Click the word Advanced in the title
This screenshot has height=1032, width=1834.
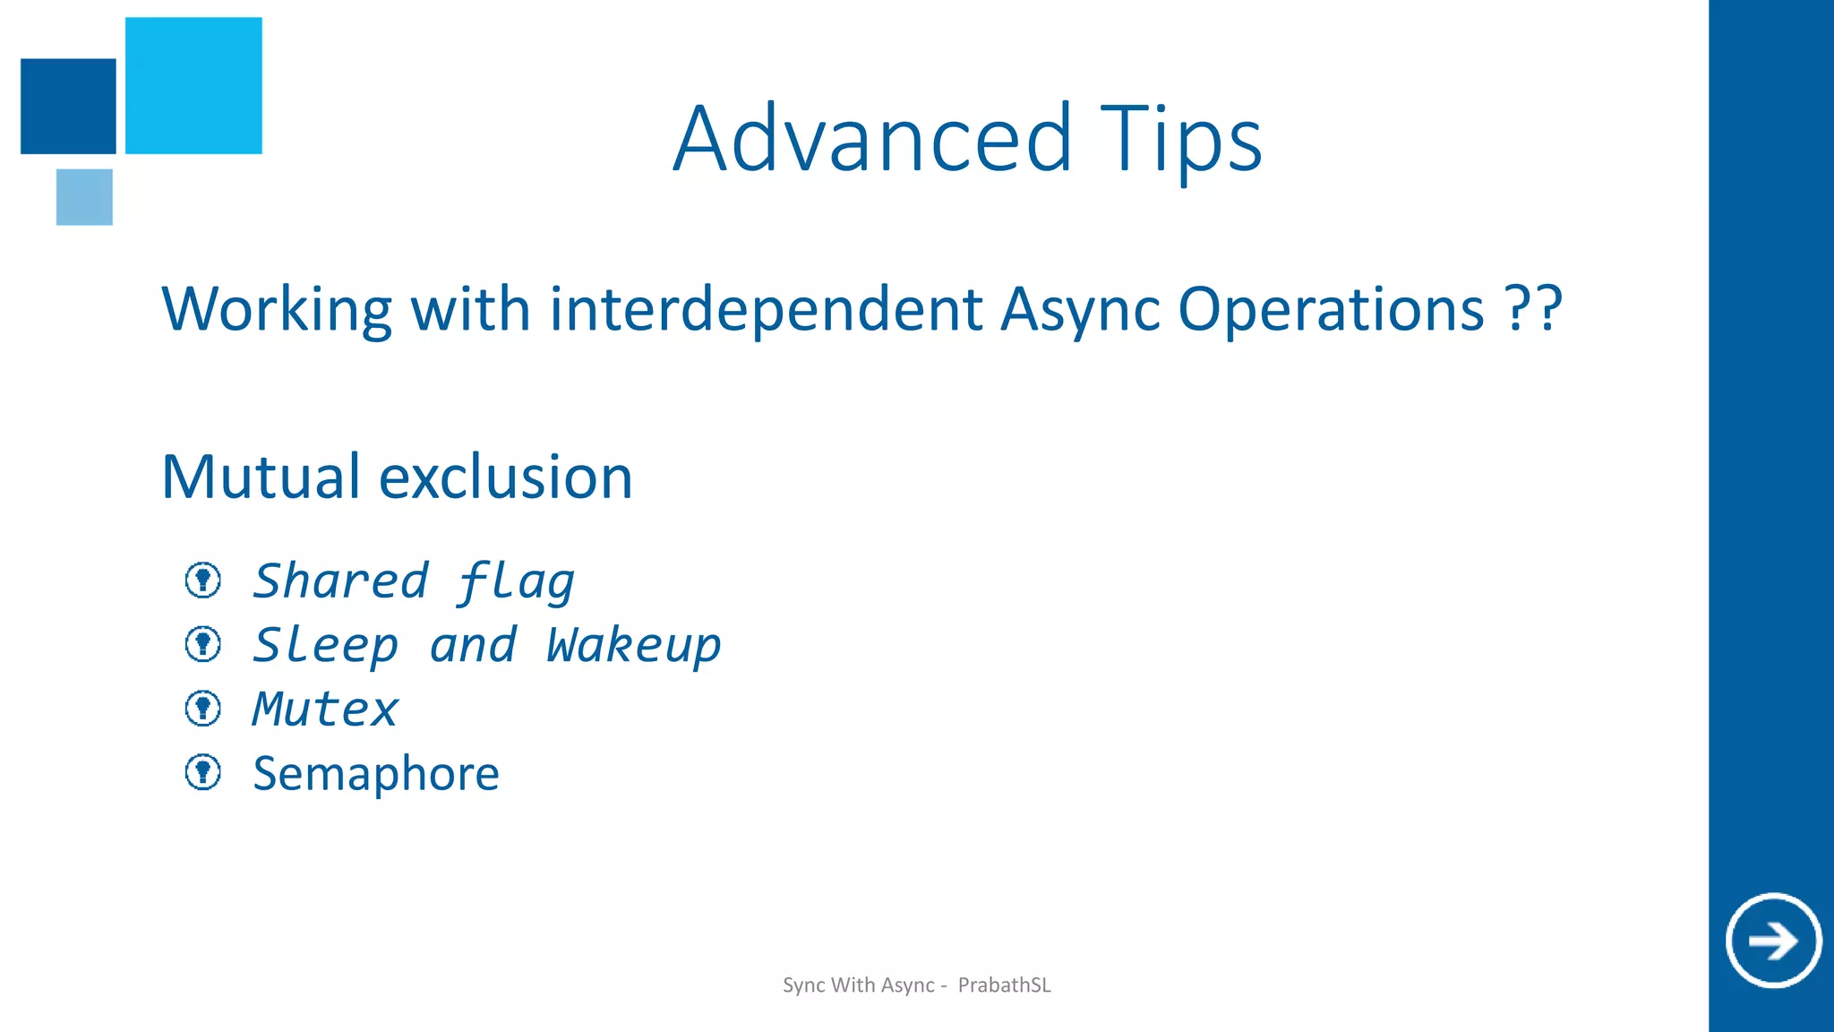tap(872, 139)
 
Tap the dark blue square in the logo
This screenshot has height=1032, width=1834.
tap(68, 106)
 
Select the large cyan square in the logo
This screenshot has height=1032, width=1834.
tap(193, 85)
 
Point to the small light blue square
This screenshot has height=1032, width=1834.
tap(84, 196)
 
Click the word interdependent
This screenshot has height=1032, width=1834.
tap(766, 309)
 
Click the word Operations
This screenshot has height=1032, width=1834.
tap(1331, 309)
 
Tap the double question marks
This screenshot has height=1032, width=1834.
tap(1533, 309)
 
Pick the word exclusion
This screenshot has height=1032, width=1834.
tap(506, 477)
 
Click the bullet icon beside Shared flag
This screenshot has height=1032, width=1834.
tap(203, 580)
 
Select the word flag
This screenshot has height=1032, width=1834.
tap(516, 582)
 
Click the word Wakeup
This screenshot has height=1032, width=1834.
tap(633, 645)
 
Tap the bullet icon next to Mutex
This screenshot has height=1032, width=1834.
tap(203, 709)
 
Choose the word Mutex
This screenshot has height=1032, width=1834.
tap(325, 709)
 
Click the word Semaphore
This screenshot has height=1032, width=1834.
tap(376, 773)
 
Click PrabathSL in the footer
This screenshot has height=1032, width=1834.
tap(1004, 985)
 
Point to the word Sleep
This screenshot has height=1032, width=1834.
tap(325, 645)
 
